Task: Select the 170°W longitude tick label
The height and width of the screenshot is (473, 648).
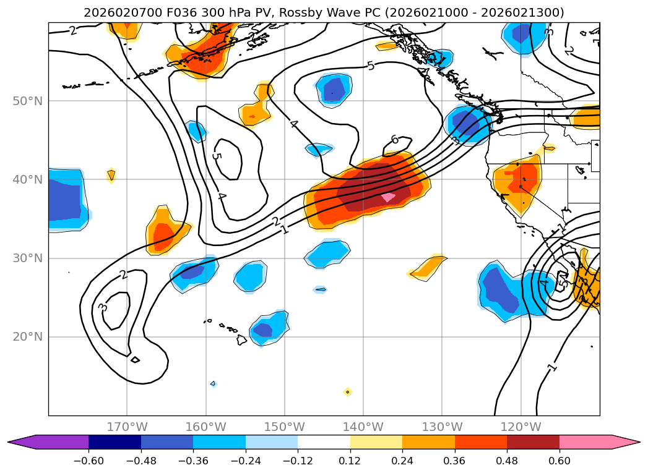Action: point(127,427)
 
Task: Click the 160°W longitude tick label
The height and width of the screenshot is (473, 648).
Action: point(205,427)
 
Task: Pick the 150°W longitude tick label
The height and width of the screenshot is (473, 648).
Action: point(285,427)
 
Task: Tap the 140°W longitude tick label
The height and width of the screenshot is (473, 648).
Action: point(363,427)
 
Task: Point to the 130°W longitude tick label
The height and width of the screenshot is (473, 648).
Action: point(442,427)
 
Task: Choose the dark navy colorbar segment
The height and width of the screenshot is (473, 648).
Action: point(114,441)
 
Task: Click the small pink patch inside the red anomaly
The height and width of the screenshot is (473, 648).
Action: point(388,197)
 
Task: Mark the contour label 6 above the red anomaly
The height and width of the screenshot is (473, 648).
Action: point(394,140)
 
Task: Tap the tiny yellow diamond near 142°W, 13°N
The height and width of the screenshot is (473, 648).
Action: point(347,391)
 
